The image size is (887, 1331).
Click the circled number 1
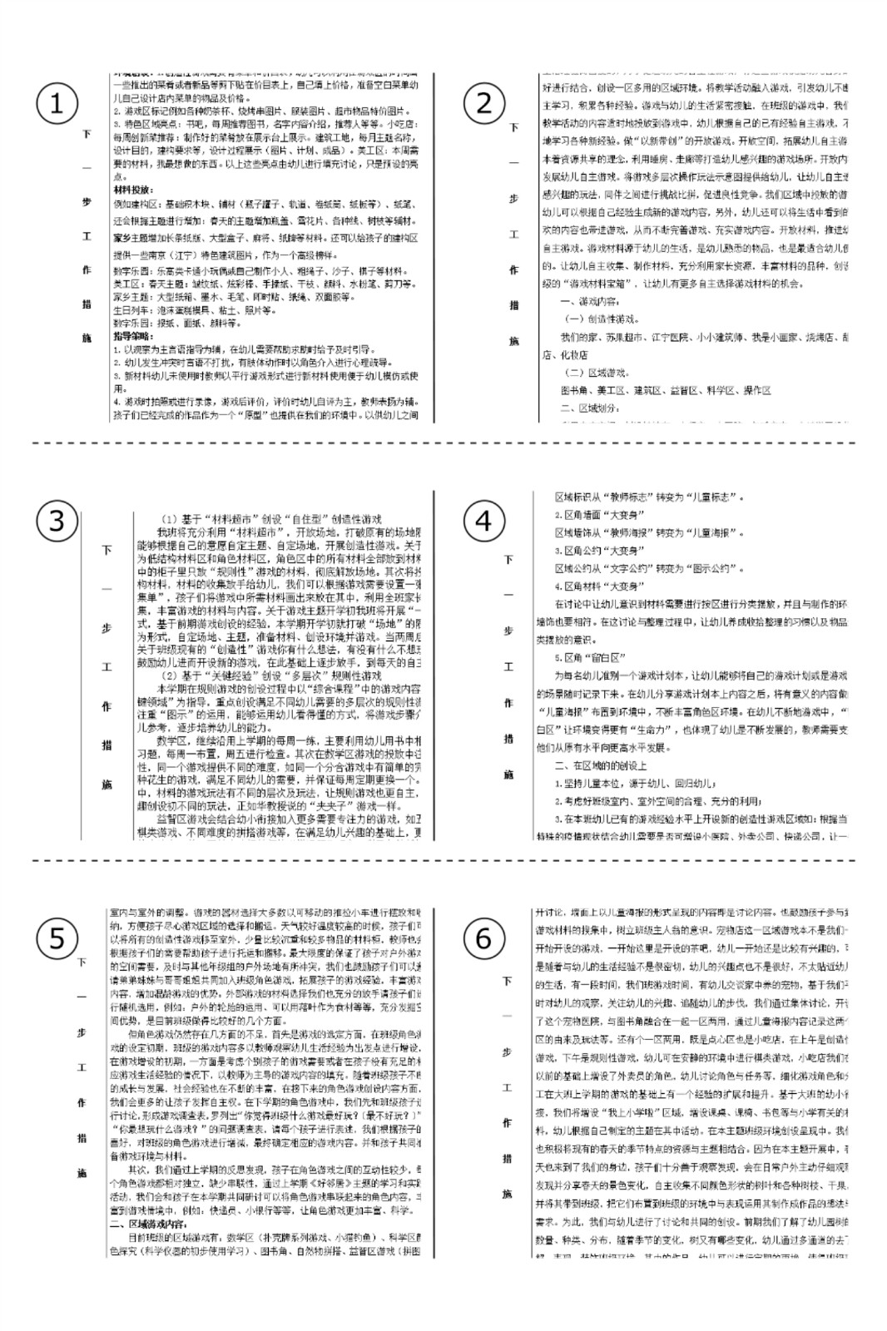click(57, 104)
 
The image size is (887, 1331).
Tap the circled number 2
click(483, 104)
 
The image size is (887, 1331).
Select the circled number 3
click(57, 521)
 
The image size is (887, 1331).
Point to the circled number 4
click(483, 522)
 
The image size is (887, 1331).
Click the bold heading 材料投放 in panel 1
click(133, 190)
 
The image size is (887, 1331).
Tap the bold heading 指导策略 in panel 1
click(133, 337)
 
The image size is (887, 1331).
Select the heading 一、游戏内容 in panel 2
click(588, 301)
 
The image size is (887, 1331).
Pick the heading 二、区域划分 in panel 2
click(588, 408)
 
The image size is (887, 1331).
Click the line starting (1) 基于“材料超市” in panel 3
click(270, 518)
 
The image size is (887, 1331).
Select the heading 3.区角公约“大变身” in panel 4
click(597, 551)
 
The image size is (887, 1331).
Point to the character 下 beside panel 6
click(507, 981)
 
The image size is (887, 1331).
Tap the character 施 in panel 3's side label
click(107, 784)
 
